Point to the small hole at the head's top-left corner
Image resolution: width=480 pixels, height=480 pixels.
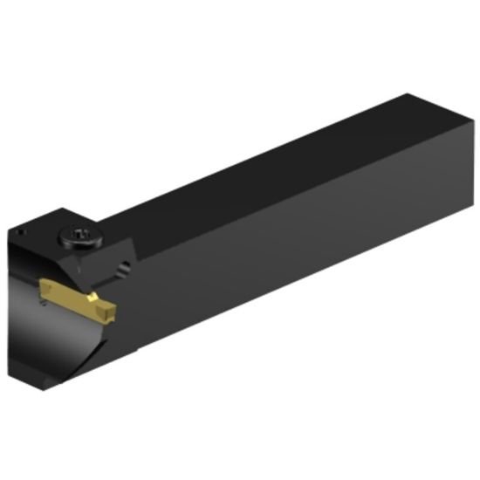(x=18, y=235)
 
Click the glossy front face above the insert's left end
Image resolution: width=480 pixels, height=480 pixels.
(x=26, y=271)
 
